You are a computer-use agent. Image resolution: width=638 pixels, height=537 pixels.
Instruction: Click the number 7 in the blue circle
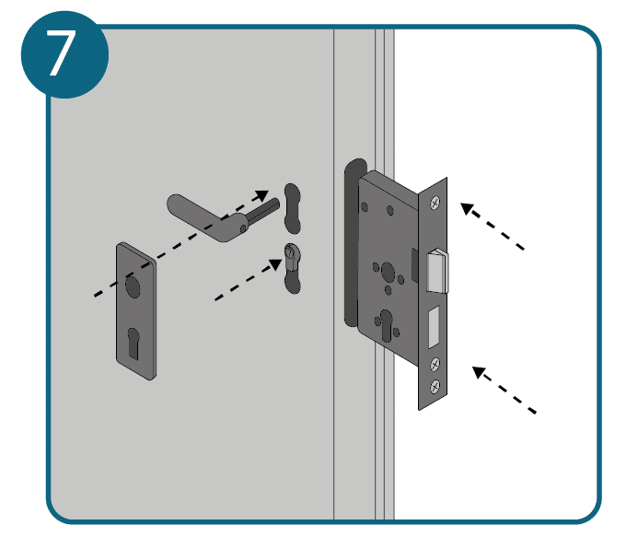coord(61,53)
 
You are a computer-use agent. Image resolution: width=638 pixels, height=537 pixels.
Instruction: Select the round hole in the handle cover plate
coord(133,286)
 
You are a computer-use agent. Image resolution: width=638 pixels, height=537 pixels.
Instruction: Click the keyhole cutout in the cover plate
coord(133,344)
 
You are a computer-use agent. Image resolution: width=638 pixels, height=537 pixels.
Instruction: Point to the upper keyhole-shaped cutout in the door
coord(292,208)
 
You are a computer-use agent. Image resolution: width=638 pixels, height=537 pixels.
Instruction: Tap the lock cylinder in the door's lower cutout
coord(291,256)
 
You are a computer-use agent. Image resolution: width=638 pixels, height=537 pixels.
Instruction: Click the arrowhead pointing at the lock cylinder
coord(274,264)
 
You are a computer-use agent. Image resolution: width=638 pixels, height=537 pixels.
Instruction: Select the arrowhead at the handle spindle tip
coord(261,196)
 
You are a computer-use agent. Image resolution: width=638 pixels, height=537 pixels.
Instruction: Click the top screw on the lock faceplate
coord(435,203)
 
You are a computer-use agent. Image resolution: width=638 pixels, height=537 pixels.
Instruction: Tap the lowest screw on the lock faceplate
coord(435,386)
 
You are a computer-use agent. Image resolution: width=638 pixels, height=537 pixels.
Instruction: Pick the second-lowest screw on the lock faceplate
coord(435,365)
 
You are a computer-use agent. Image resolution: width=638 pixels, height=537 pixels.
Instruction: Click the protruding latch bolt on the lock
coord(437,271)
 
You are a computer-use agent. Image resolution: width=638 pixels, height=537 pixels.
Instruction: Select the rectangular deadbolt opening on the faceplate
coord(435,327)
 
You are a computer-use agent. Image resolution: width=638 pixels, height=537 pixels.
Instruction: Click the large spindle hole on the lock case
coord(388,271)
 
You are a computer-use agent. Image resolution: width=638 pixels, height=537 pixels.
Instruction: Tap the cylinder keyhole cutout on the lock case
coord(386,325)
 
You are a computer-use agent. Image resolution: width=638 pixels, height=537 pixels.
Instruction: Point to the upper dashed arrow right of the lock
coord(493,226)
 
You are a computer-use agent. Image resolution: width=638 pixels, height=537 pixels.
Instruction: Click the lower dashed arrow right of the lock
coord(505,390)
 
